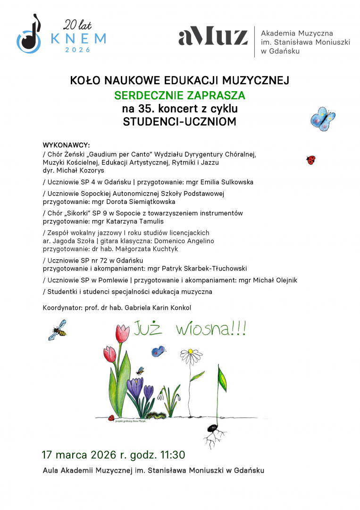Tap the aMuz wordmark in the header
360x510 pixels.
(x=213, y=37)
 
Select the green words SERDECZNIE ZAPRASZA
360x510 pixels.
(x=180, y=96)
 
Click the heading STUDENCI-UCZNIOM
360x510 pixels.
(x=179, y=122)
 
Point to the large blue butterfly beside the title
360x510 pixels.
(x=323, y=119)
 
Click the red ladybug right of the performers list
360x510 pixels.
(x=310, y=160)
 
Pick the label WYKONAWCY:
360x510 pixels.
(x=66, y=144)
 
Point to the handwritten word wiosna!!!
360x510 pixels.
(x=210, y=329)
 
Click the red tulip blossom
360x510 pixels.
(x=123, y=333)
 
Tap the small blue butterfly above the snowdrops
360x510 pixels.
(x=158, y=351)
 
